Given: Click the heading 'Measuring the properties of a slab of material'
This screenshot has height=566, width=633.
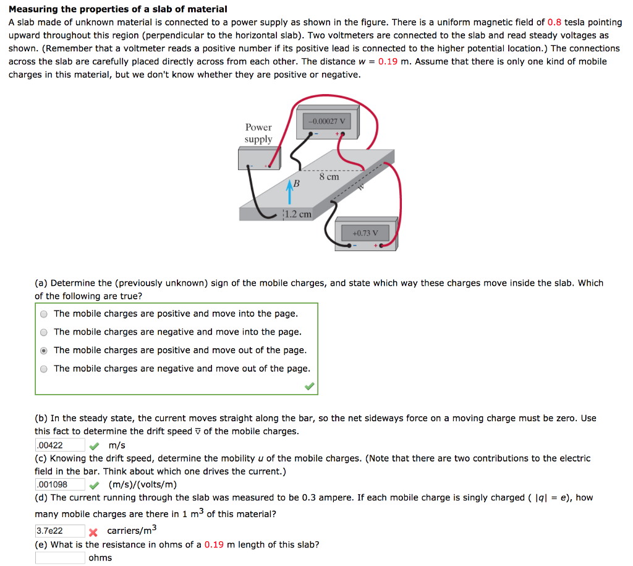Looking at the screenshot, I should click(x=118, y=9).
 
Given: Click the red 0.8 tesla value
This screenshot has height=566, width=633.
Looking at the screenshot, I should click(x=554, y=22).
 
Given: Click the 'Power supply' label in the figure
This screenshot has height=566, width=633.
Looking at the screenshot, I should click(x=258, y=133).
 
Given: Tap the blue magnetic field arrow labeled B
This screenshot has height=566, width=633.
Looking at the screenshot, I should click(x=289, y=189).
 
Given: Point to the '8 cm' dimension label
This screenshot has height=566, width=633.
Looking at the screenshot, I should click(x=329, y=177).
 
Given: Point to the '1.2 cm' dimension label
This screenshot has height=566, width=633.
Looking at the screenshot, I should click(x=297, y=214).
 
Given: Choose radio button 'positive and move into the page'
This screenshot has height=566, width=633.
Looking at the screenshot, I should click(x=44, y=314).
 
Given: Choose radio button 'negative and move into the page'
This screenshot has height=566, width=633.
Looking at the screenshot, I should click(x=44, y=332).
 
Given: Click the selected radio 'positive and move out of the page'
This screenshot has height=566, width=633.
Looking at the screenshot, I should click(x=44, y=351).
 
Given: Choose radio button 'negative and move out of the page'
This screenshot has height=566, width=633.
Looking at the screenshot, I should click(x=44, y=369).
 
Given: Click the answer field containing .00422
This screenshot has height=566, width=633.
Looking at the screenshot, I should click(x=59, y=445).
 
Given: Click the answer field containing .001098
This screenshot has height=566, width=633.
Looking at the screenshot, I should click(x=59, y=484).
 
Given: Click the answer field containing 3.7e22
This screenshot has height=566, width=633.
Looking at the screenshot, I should click(x=59, y=531).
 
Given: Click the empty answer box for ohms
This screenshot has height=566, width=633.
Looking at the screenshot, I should click(x=59, y=557).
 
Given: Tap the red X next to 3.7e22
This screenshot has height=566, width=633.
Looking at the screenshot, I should click(x=94, y=531).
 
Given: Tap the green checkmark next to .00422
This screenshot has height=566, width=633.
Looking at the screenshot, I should click(x=94, y=445).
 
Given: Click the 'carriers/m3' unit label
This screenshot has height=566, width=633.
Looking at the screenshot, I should click(x=132, y=530).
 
